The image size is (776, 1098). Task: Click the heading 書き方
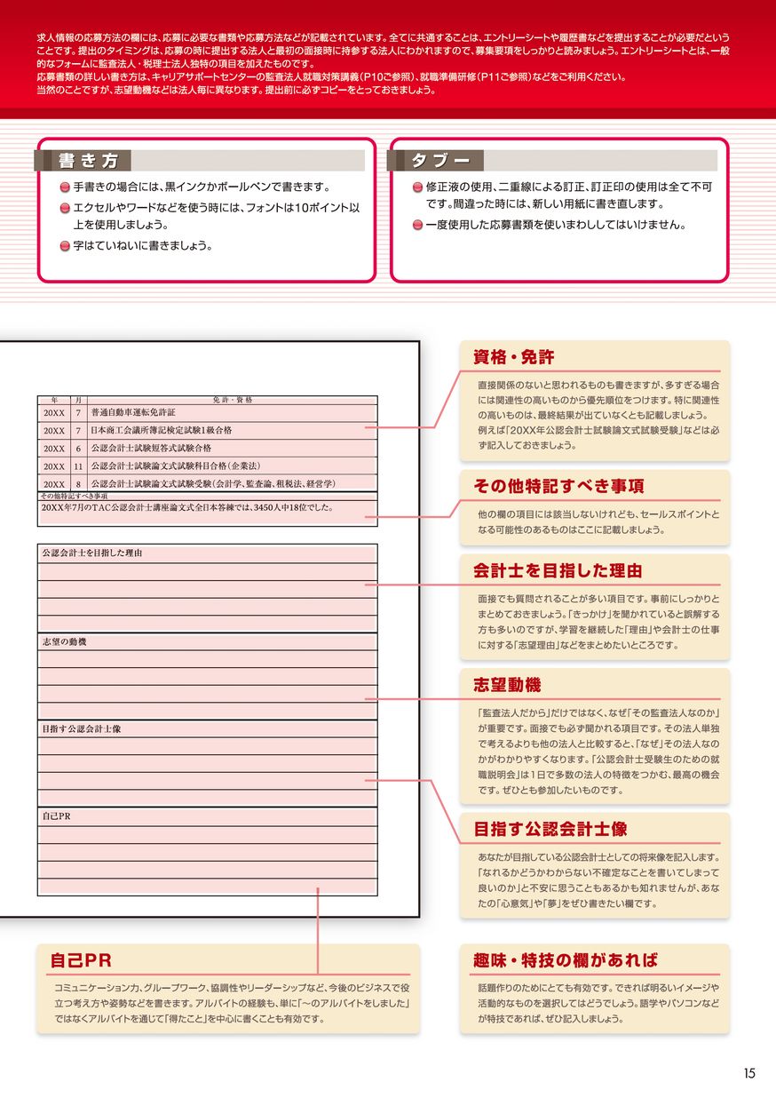pyautogui.click(x=88, y=161)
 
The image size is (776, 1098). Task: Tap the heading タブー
pyautogui.click(x=439, y=161)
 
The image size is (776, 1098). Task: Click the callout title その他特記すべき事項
pyautogui.click(x=558, y=486)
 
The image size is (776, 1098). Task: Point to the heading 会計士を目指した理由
pyautogui.click(x=558, y=571)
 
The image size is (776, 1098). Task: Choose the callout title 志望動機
pyautogui.click(x=507, y=685)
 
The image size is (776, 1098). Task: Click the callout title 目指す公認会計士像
pyautogui.click(x=550, y=829)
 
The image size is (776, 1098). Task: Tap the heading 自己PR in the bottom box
pyautogui.click(x=81, y=960)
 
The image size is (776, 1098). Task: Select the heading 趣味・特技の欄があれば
pyautogui.click(x=566, y=960)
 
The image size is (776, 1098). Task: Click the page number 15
pyautogui.click(x=749, y=1073)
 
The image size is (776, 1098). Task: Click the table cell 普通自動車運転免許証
pyautogui.click(x=133, y=413)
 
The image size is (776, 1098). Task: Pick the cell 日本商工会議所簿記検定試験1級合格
pyautogui.click(x=161, y=430)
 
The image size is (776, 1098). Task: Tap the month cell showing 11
pyautogui.click(x=78, y=465)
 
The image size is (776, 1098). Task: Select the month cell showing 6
pyautogui.click(x=78, y=448)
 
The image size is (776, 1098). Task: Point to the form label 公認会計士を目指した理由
pyautogui.click(x=92, y=553)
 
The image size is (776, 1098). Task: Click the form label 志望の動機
pyautogui.click(x=64, y=641)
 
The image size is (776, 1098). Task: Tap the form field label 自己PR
pyautogui.click(x=56, y=816)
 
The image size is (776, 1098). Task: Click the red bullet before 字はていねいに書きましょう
pyautogui.click(x=65, y=247)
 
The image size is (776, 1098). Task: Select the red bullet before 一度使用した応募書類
pyautogui.click(x=418, y=226)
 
